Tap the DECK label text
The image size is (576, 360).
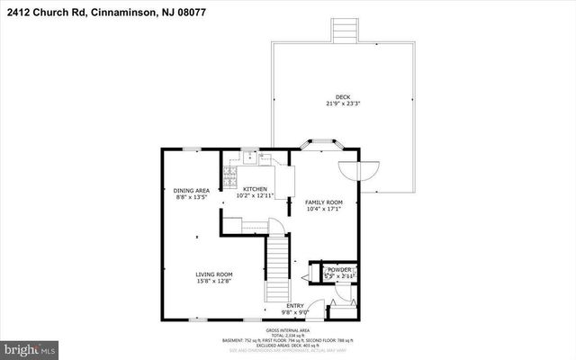click(343, 96)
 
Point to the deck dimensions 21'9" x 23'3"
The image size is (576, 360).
click(343, 103)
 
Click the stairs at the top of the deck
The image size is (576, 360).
click(343, 30)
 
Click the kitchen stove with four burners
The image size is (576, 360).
click(230, 173)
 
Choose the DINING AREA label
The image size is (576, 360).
click(192, 191)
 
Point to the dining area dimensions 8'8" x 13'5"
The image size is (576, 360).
click(192, 197)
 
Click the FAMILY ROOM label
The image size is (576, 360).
click(322, 202)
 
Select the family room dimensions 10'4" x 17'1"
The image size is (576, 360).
click(322, 209)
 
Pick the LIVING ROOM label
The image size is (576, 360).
click(215, 274)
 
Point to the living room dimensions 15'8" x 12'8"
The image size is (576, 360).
click(215, 281)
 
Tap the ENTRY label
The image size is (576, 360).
click(295, 307)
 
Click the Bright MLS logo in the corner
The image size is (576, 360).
click(30, 347)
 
